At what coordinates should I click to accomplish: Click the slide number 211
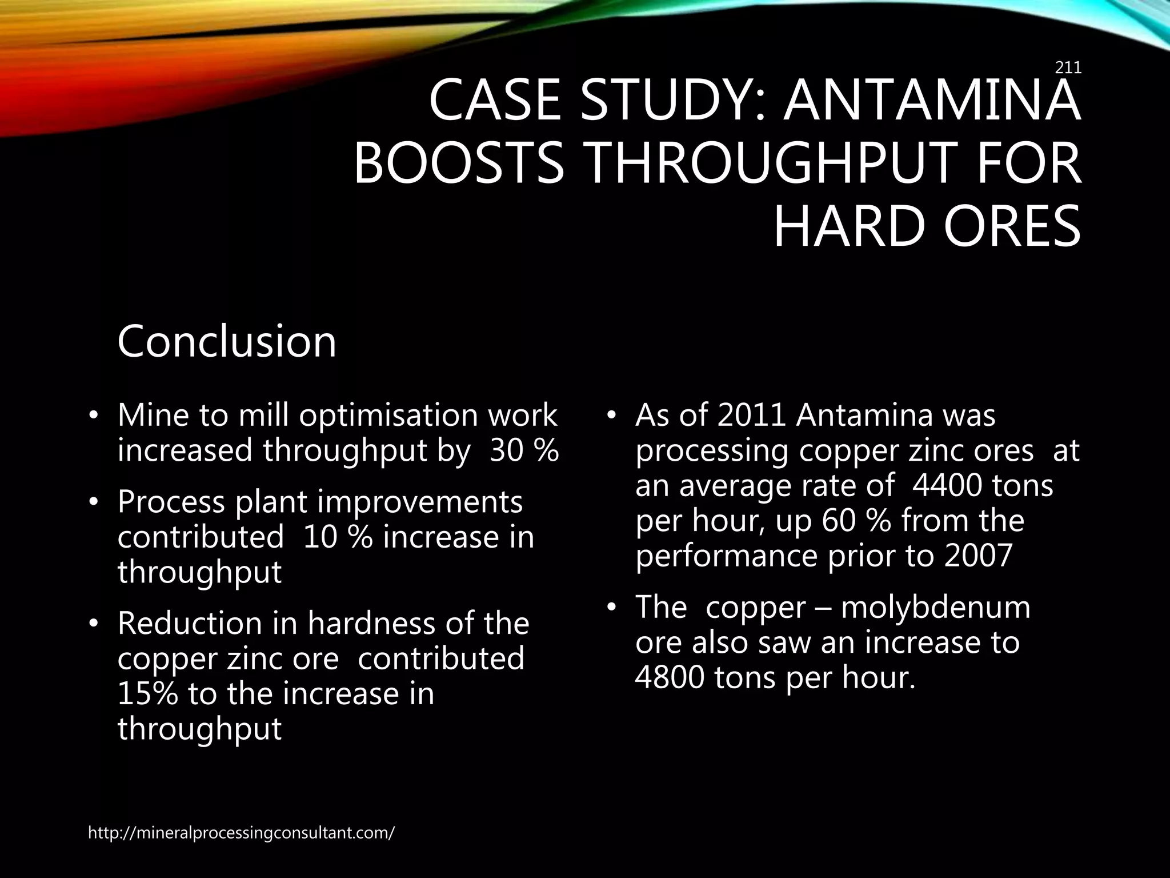[x=1068, y=68]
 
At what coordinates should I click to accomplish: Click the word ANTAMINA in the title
[x=932, y=102]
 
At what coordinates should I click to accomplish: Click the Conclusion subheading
[x=227, y=341]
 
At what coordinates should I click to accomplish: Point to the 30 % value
[x=524, y=450]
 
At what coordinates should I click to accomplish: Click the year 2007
[x=978, y=556]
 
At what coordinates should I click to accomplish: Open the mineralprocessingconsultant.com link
[x=241, y=833]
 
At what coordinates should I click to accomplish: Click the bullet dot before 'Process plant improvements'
[x=94, y=502]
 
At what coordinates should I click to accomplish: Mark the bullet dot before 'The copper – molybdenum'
[x=611, y=608]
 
